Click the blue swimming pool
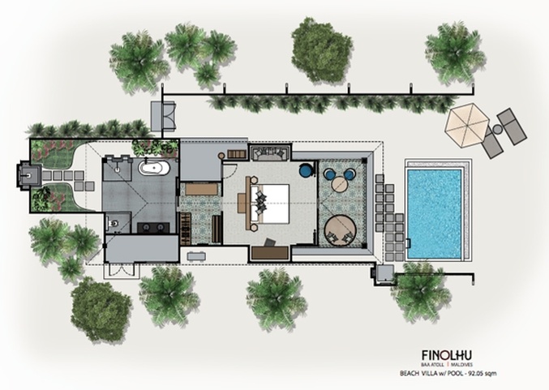click(434, 213)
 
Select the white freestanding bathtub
click(154, 168)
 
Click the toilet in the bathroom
click(113, 223)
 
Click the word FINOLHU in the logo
click(446, 355)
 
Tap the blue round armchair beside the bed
click(306, 169)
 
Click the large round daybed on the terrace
click(340, 231)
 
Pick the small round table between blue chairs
click(339, 184)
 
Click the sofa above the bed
click(269, 153)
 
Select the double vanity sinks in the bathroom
click(153, 228)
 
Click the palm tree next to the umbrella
click(455, 53)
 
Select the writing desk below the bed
click(270, 253)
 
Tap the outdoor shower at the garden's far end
click(28, 174)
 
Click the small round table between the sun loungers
click(497, 130)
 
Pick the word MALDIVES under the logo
click(462, 365)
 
